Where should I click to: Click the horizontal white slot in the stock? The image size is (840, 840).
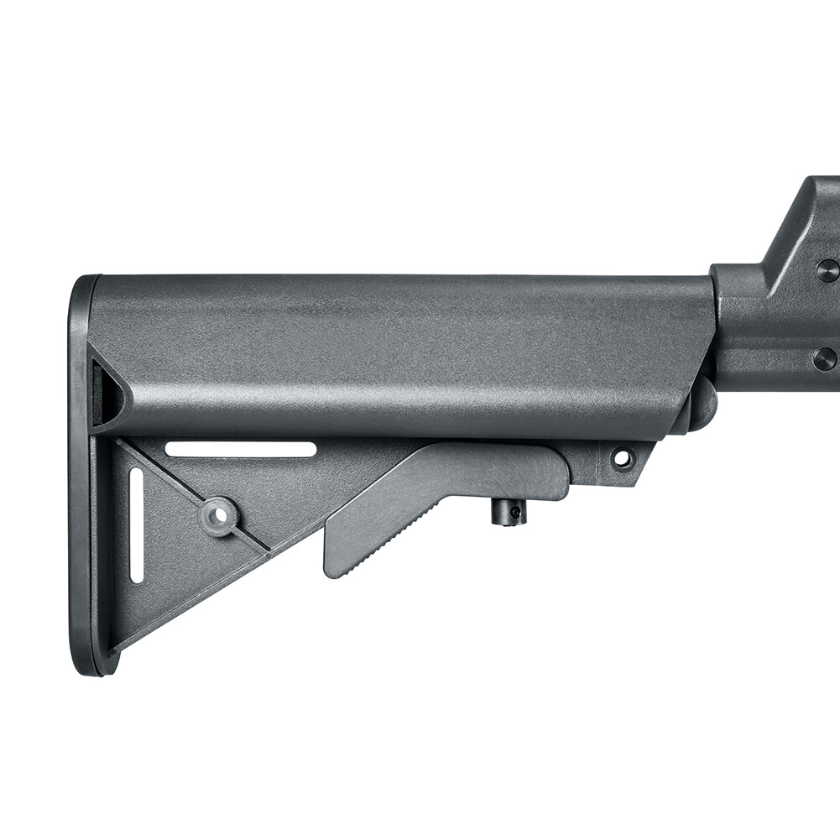click(241, 450)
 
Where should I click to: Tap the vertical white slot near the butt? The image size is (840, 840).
click(136, 525)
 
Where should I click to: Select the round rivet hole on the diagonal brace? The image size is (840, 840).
click(218, 516)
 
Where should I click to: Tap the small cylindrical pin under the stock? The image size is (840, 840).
click(509, 512)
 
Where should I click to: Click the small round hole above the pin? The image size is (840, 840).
click(623, 458)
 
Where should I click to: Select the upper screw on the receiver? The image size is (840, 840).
click(827, 270)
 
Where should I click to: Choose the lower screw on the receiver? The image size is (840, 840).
click(825, 359)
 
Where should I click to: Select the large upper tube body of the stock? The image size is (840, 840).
click(403, 352)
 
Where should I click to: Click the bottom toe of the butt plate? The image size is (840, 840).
click(88, 663)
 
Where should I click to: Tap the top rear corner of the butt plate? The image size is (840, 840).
click(84, 284)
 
